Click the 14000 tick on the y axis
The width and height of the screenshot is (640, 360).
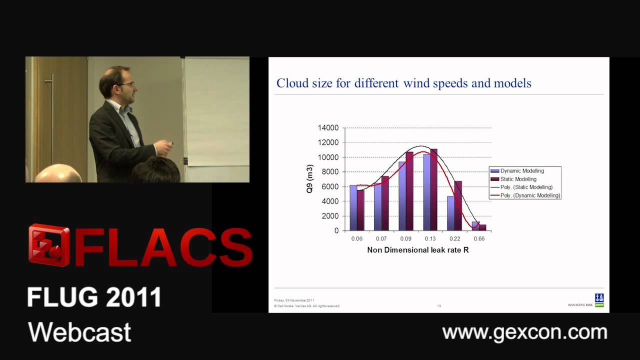click(x=328, y=128)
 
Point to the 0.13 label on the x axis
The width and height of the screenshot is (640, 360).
click(x=430, y=238)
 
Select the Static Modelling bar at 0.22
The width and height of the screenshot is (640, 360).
click(x=458, y=205)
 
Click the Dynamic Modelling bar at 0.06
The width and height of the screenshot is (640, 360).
click(x=353, y=207)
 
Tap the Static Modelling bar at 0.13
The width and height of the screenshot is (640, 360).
click(x=433, y=189)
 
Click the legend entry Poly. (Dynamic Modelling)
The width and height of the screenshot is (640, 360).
click(x=530, y=195)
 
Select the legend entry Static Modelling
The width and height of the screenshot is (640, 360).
click(x=518, y=179)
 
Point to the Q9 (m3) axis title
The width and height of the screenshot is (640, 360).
click(x=310, y=179)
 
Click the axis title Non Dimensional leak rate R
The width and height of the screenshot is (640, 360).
click(x=418, y=250)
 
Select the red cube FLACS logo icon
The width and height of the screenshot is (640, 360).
click(x=49, y=245)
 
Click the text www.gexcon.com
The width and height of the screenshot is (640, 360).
click(x=524, y=332)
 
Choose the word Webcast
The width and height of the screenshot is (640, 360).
click(x=79, y=332)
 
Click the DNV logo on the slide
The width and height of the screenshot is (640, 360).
click(x=599, y=300)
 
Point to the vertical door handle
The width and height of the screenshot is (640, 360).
click(x=51, y=120)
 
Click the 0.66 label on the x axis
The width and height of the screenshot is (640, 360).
click(x=479, y=238)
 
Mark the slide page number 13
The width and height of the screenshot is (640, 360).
click(x=439, y=305)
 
